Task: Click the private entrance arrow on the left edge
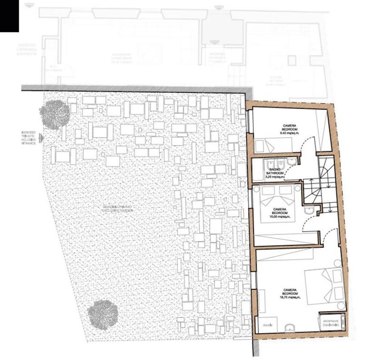(42, 138)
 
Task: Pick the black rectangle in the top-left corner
(9, 15)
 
